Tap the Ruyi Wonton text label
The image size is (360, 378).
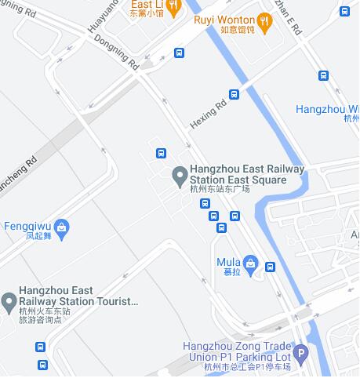[224, 20]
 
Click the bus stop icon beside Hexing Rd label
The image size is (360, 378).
[234, 94]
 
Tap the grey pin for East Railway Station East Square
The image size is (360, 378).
[179, 174]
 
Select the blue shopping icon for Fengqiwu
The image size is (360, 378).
[63, 227]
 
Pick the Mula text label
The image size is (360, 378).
[228, 262]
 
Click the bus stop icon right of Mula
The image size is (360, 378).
[271, 267]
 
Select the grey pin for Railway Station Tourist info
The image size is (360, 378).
[9, 301]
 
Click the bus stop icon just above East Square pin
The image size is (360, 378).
[161, 153]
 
